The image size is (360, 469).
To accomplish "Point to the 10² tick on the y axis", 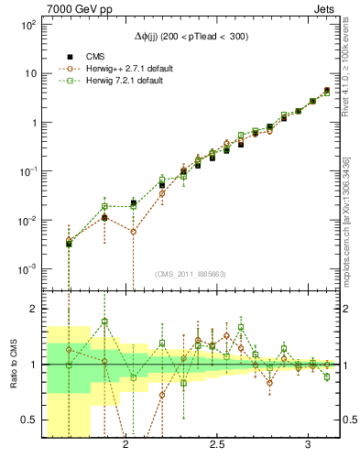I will [x=27, y=25].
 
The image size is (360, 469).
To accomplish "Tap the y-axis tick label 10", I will [x=30, y=73].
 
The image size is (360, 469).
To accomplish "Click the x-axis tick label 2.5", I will [x=217, y=445].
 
